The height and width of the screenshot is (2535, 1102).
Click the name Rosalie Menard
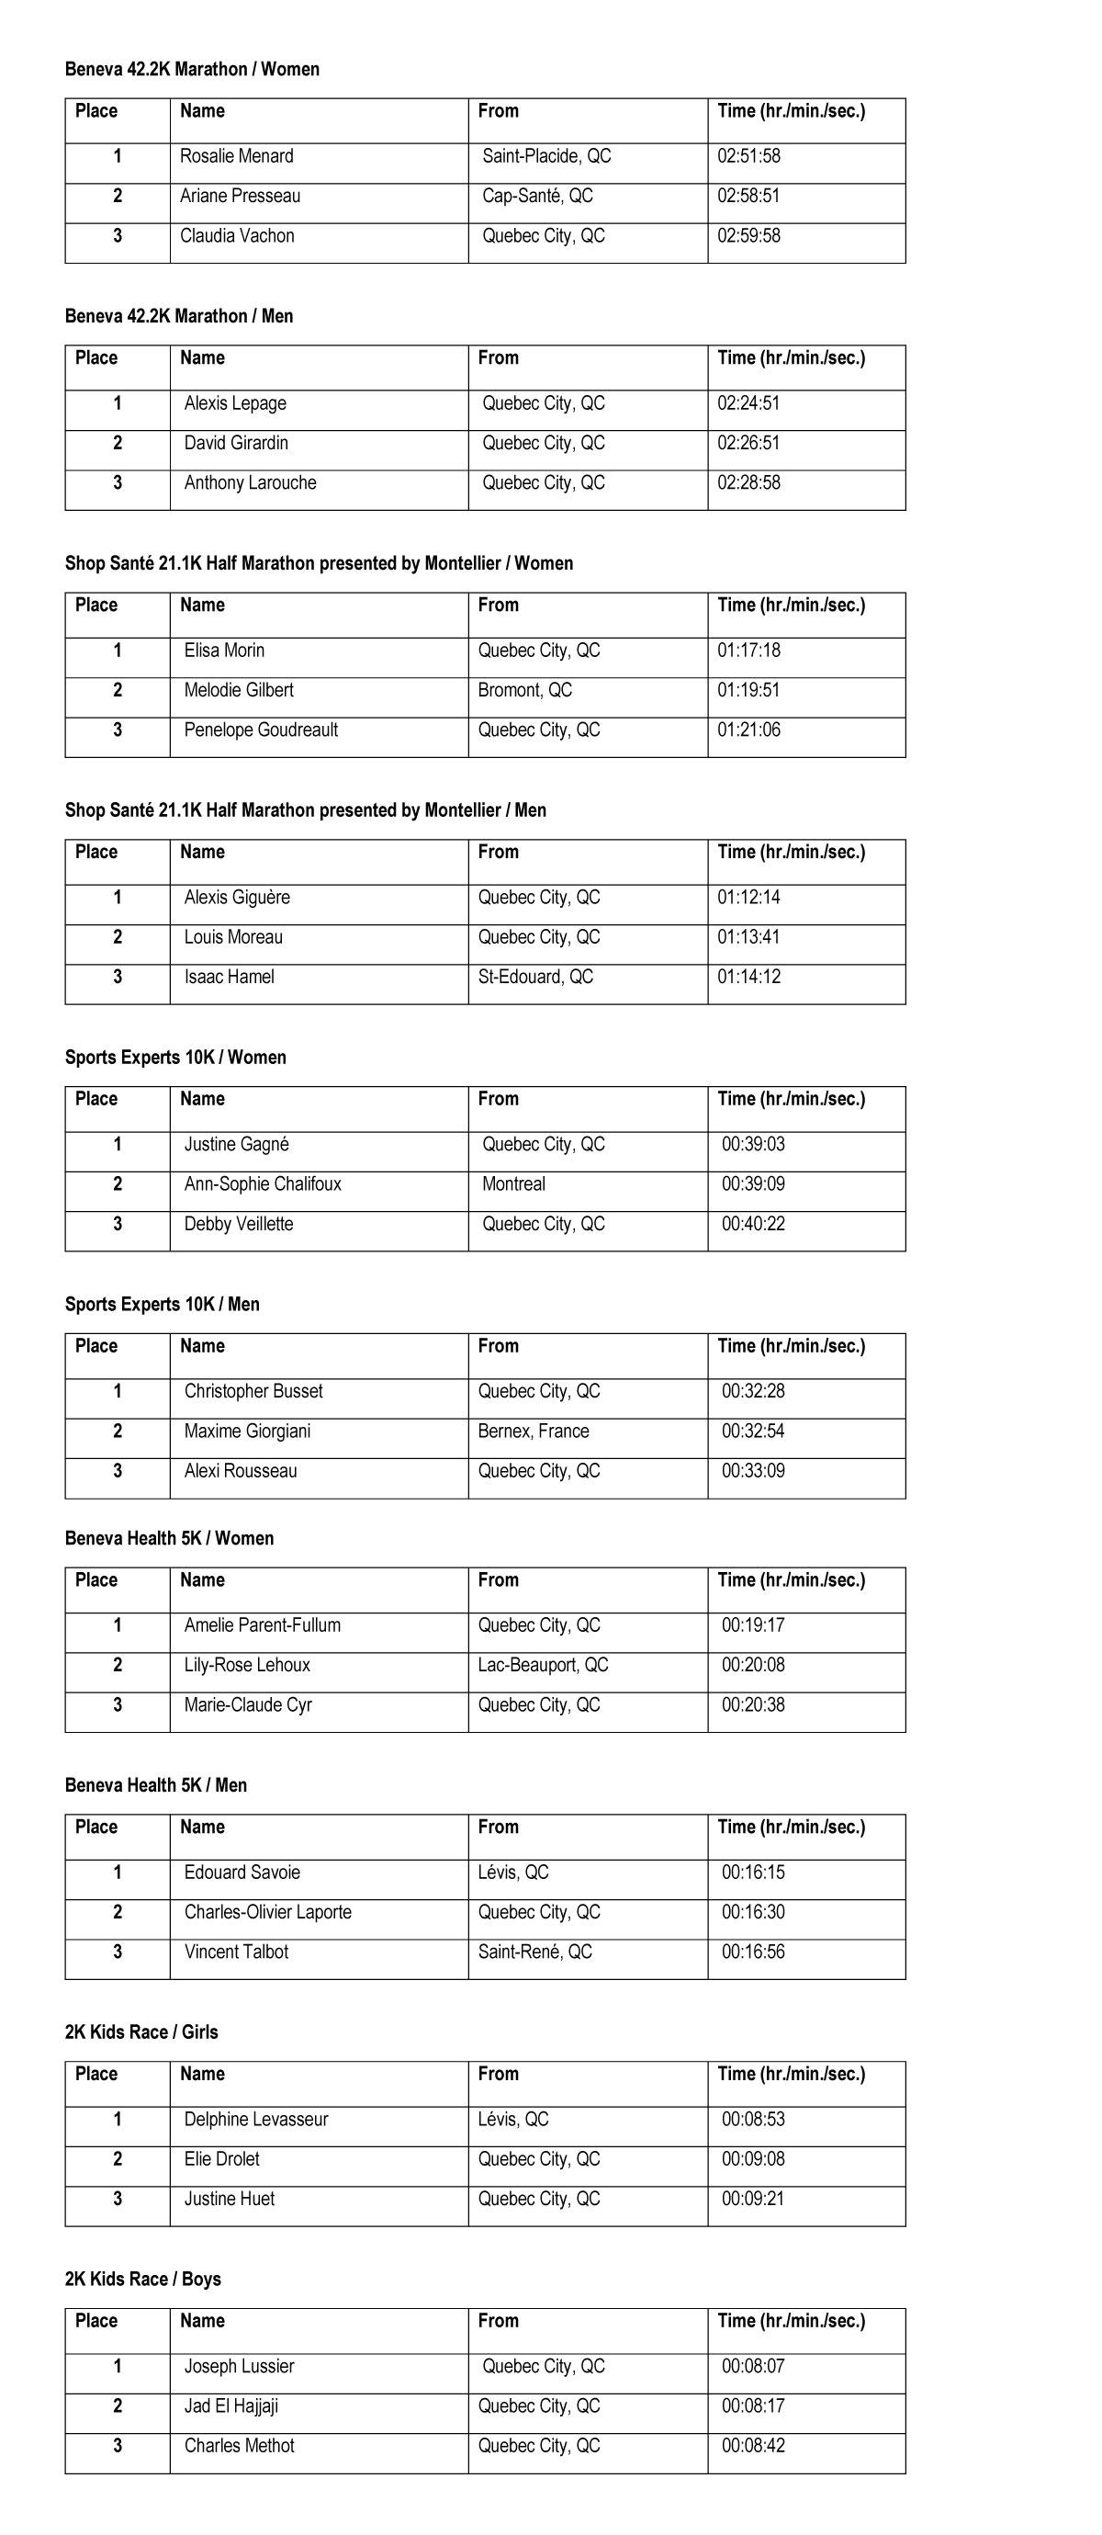(x=236, y=156)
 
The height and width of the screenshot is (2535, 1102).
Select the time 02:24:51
(x=748, y=403)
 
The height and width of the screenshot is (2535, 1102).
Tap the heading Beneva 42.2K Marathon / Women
(x=192, y=69)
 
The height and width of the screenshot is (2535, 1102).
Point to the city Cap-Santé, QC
(x=537, y=196)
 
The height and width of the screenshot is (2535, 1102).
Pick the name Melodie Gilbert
(x=238, y=690)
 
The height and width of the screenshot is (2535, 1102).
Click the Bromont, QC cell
(x=524, y=690)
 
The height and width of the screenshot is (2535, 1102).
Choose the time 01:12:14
(x=748, y=898)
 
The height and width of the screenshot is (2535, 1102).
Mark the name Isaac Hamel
(x=229, y=978)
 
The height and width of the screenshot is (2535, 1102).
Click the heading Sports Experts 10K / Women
(x=175, y=1057)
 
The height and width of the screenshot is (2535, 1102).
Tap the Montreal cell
(x=513, y=1183)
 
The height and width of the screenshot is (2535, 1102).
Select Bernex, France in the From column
(x=534, y=1431)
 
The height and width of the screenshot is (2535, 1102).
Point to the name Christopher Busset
(x=253, y=1391)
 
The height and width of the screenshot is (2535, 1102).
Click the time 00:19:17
(x=753, y=1625)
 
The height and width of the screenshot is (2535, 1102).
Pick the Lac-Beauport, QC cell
(x=543, y=1665)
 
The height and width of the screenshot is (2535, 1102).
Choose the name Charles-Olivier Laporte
(x=267, y=1912)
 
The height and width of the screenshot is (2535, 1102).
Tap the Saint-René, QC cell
(x=534, y=1952)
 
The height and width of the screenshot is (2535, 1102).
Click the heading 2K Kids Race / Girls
(x=141, y=2032)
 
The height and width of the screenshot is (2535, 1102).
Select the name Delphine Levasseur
(x=256, y=2120)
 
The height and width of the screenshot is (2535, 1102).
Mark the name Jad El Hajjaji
(x=231, y=2406)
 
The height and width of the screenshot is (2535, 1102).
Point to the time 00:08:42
(x=753, y=2446)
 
